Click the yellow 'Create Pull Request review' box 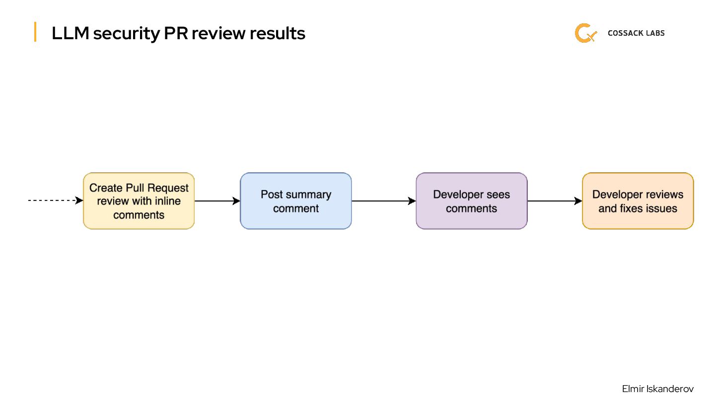pos(139,201)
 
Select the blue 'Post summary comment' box pos(296,201)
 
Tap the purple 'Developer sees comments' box pos(471,201)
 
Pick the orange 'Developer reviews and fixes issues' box pos(638,201)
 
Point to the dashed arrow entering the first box pos(55,201)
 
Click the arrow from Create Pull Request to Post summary pos(217,201)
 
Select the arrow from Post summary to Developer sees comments pos(383,201)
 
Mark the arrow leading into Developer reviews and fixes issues pos(554,201)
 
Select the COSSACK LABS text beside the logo pos(636,33)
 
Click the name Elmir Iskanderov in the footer pos(657,389)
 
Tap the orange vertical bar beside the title pos(35,32)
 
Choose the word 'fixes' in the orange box pos(629,208)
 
